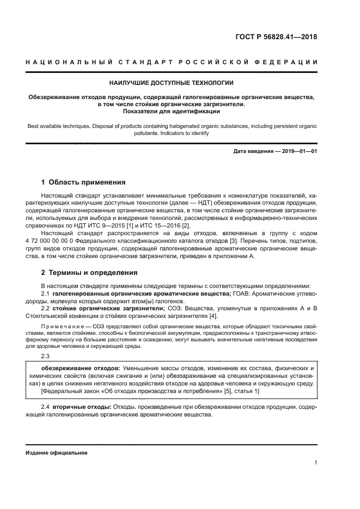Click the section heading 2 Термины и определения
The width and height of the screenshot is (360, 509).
tap(89, 272)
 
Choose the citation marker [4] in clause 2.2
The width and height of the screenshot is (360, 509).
tap(213, 316)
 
